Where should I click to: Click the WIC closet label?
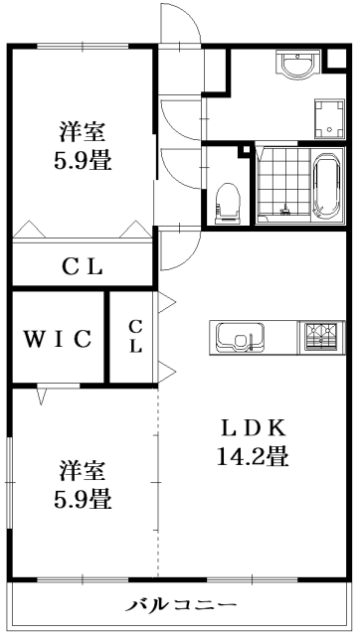point(58,338)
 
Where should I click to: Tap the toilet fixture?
point(229,200)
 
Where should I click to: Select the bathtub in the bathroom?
point(328,186)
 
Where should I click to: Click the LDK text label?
point(254,428)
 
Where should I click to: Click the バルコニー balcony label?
point(182,605)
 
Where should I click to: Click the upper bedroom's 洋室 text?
point(83,130)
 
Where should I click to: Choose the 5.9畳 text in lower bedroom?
point(83,496)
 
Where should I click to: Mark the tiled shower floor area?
point(282,186)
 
